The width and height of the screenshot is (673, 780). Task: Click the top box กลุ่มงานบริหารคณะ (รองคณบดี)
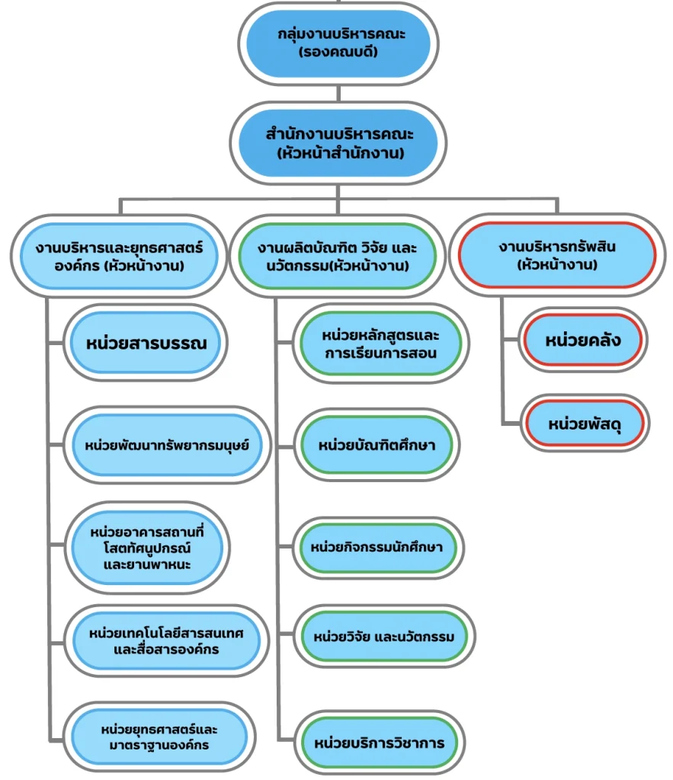pyautogui.click(x=338, y=44)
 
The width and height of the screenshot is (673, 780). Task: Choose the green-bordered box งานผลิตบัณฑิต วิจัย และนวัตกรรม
pyautogui.click(x=338, y=257)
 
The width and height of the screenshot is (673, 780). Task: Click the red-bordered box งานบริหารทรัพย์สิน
pyautogui.click(x=557, y=257)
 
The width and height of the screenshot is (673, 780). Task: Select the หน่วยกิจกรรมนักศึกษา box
pyautogui.click(x=377, y=547)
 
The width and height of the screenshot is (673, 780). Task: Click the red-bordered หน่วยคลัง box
pyautogui.click(x=582, y=340)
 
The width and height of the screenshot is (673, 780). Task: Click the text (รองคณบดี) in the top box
pyautogui.click(x=338, y=53)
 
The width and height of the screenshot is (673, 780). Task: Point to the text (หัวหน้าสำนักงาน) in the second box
pyautogui.click(x=338, y=153)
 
